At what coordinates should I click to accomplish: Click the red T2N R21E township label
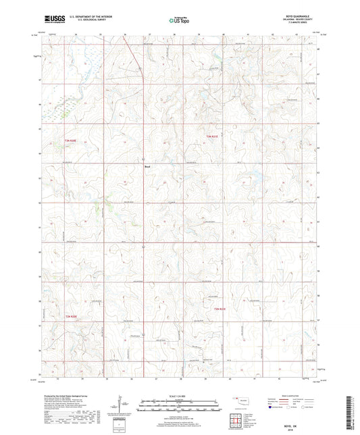coord(222,309)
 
